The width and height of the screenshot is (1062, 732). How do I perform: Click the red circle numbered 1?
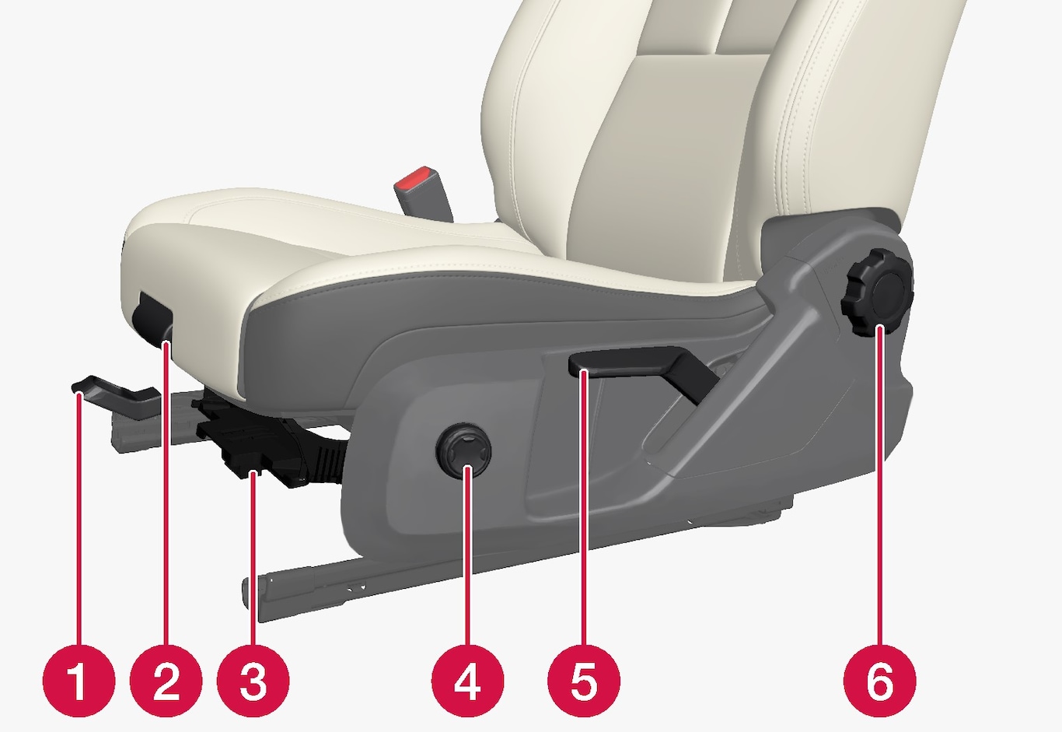[x=79, y=681]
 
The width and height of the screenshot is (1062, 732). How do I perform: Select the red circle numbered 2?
[x=166, y=681]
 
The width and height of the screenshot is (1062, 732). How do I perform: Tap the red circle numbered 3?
[x=253, y=681]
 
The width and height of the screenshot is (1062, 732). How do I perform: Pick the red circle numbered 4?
[x=467, y=681]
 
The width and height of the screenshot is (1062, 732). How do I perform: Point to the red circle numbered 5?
[x=584, y=681]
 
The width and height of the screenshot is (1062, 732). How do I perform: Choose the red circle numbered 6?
[x=880, y=681]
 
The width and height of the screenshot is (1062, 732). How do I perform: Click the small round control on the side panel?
[x=463, y=450]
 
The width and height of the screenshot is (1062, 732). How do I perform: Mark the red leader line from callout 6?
[x=879, y=485]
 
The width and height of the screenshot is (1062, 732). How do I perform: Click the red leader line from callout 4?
[x=467, y=555]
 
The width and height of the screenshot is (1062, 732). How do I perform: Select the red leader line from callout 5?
[x=584, y=508]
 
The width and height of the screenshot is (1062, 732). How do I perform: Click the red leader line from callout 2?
[x=166, y=493]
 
